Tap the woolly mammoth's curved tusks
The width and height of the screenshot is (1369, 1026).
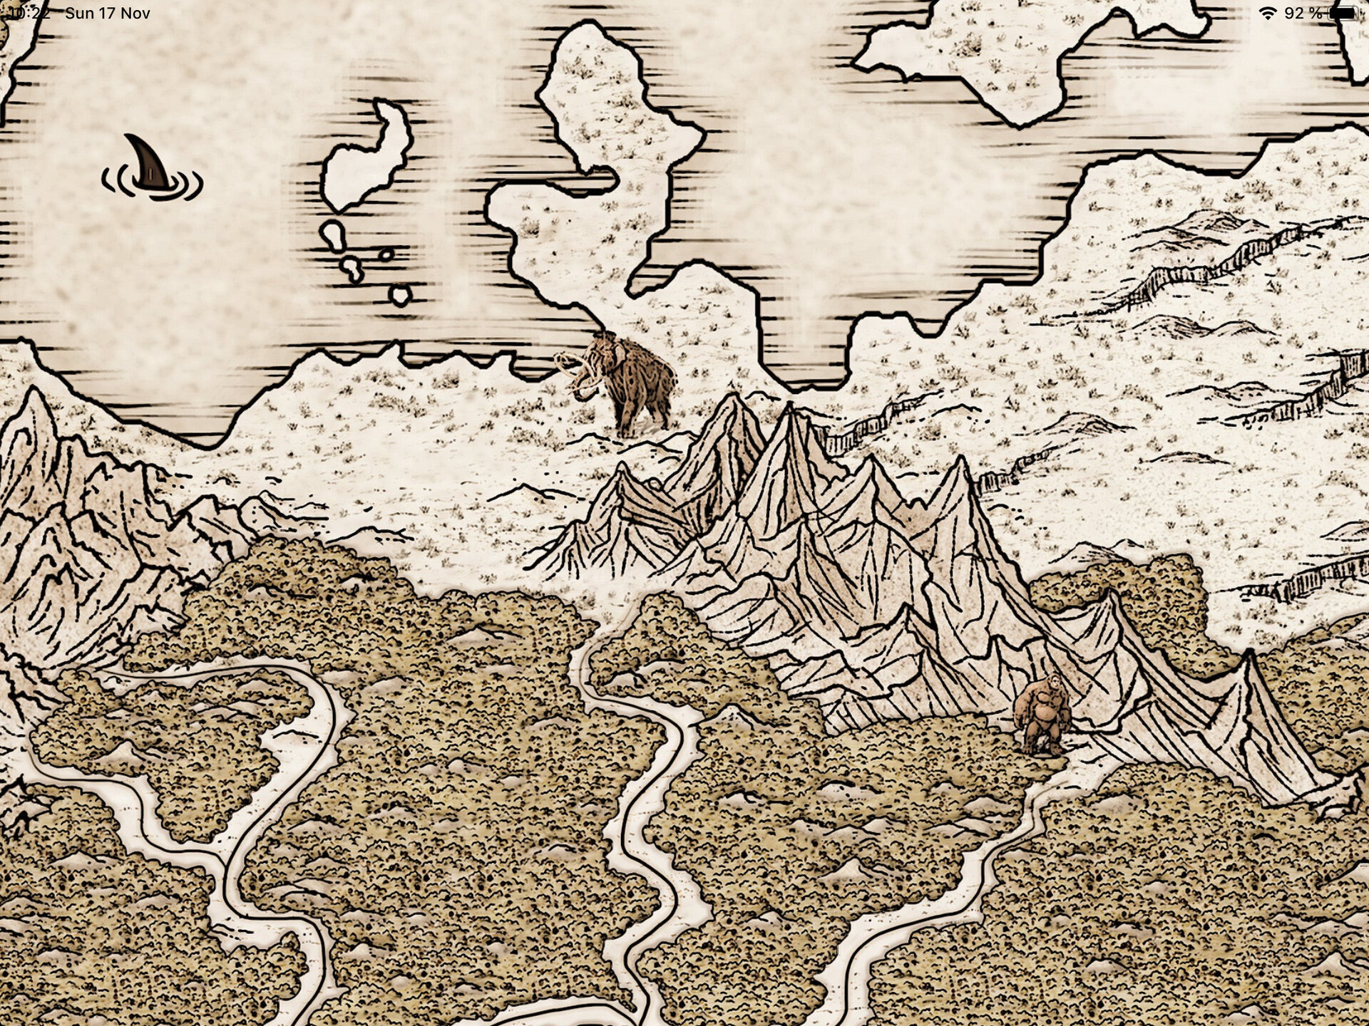click(x=576, y=370)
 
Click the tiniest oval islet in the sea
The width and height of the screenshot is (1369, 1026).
click(x=386, y=254)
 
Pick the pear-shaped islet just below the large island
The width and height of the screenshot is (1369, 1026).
click(x=333, y=235)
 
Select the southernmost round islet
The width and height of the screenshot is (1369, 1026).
click(x=401, y=294)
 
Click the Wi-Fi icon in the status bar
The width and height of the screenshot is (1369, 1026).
click(x=1267, y=14)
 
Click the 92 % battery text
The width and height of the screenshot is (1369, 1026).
click(x=1303, y=14)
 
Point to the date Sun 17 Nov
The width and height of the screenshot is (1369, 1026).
click(x=107, y=14)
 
